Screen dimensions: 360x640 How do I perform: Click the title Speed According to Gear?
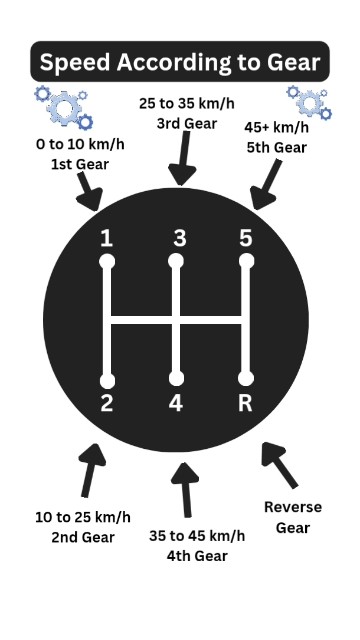tap(180, 63)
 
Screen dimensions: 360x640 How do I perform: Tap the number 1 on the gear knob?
tap(107, 239)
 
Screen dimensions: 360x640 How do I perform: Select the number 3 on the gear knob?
tap(179, 238)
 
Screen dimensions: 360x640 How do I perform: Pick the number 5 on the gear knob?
tap(246, 238)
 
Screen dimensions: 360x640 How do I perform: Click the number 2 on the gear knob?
tap(107, 404)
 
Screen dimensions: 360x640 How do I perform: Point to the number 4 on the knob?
tap(177, 405)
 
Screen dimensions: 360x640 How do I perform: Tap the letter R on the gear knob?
tap(246, 404)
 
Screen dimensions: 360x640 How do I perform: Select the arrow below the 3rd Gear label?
tap(180, 161)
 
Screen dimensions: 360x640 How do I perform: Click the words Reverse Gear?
tap(293, 516)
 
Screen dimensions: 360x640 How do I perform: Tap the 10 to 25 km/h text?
tap(83, 518)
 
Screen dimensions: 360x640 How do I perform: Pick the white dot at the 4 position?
tap(177, 379)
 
